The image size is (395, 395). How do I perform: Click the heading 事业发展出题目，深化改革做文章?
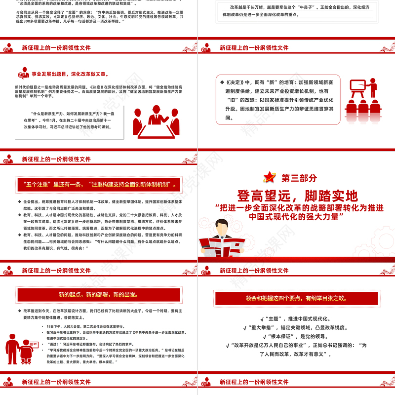point(69,75)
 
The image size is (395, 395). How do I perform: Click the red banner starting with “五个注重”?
point(99,184)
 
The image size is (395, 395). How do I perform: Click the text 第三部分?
point(299,178)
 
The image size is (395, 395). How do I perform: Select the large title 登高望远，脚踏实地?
point(296,196)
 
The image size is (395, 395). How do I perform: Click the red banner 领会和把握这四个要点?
point(296,298)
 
